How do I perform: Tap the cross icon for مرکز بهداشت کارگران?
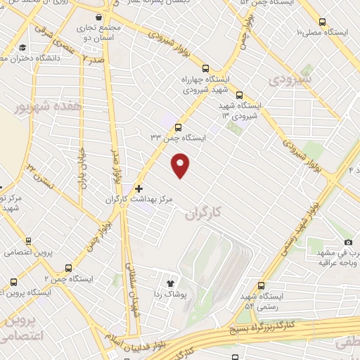139,188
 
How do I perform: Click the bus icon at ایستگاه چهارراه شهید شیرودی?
205,69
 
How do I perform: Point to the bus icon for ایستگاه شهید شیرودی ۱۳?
240,95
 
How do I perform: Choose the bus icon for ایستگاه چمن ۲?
68,268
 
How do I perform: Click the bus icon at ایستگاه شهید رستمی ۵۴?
262,285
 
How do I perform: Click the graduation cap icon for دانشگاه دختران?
23,48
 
